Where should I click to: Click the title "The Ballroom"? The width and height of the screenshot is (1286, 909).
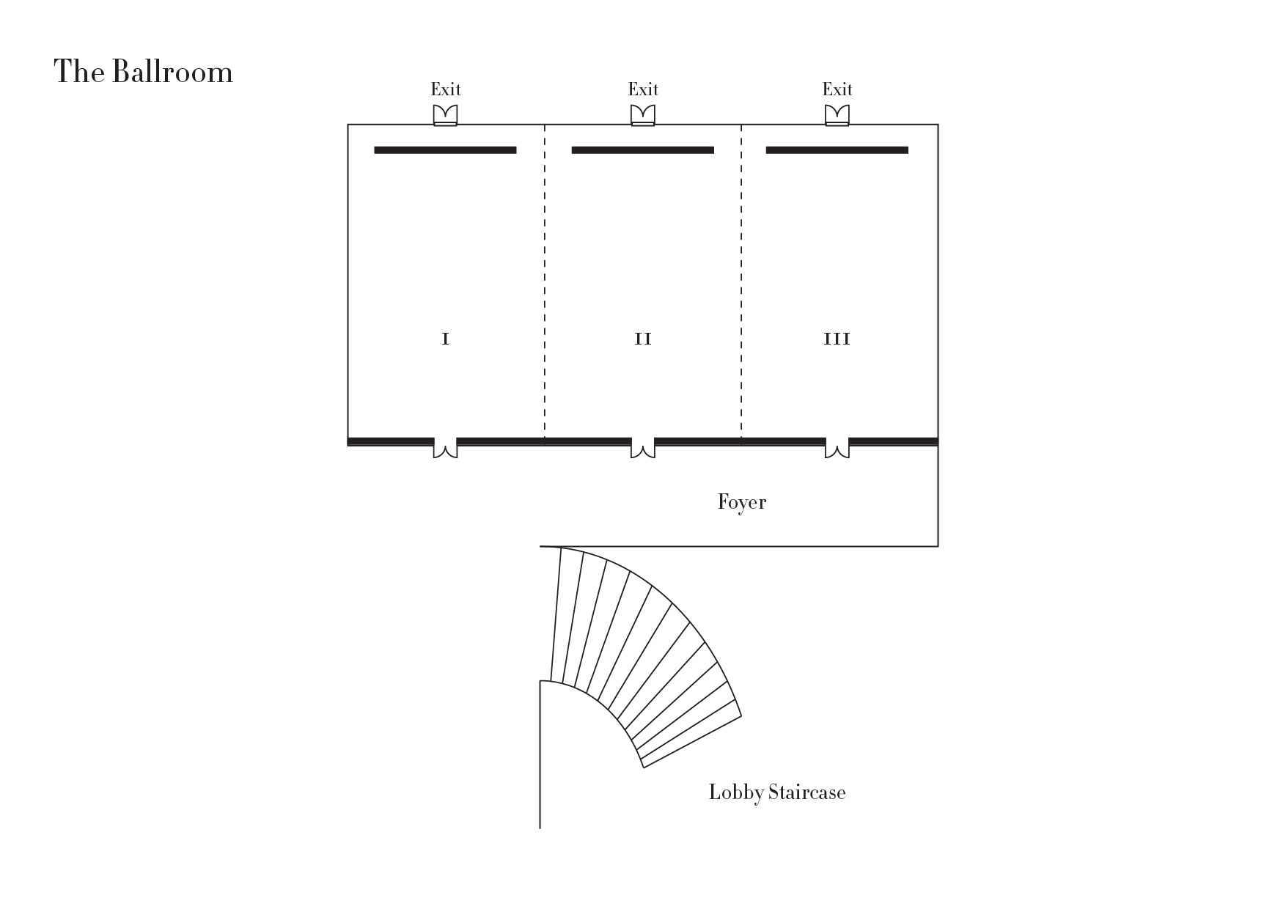tap(144, 72)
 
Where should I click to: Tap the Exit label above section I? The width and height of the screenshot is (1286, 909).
tap(446, 89)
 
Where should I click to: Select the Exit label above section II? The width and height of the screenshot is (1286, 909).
tap(643, 89)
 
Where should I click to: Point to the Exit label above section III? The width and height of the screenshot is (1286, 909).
tap(837, 89)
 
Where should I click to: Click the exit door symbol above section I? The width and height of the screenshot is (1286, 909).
tap(445, 115)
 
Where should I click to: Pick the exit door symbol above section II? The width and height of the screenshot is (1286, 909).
tap(643, 115)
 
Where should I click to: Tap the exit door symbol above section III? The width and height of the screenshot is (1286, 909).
tap(837, 115)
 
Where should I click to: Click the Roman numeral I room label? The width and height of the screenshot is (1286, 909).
tap(445, 339)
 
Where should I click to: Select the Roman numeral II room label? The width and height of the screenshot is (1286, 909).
tap(643, 339)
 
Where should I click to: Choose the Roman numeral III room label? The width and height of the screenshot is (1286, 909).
tap(837, 339)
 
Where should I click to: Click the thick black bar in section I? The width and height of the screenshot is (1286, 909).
tap(445, 150)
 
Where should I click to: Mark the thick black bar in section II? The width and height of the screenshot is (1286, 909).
tap(643, 150)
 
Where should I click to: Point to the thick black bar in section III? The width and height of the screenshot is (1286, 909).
tap(837, 150)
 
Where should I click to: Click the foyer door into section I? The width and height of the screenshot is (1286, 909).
tap(445, 448)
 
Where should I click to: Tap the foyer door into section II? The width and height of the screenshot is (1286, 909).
tap(643, 448)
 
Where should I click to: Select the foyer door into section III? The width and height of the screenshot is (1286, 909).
tap(837, 448)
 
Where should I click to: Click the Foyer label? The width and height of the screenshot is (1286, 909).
tap(742, 502)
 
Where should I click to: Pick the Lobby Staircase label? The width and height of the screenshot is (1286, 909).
tap(777, 792)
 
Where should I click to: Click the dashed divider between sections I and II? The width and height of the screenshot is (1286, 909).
tap(545, 281)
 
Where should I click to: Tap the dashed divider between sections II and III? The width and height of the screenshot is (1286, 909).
tap(741, 281)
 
